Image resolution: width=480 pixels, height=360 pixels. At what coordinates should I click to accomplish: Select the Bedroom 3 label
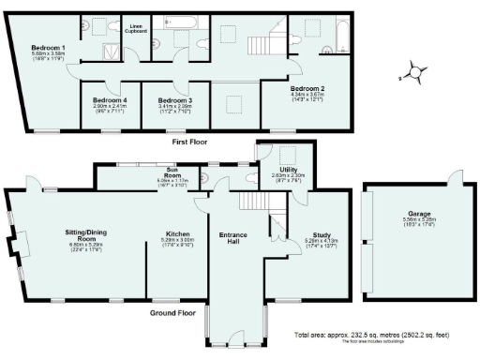pyautogui.click(x=175, y=99)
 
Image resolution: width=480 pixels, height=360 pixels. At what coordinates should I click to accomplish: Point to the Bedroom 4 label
pyautogui.click(x=112, y=99)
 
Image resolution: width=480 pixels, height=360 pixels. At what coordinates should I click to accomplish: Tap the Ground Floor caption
pyautogui.click(x=172, y=311)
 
